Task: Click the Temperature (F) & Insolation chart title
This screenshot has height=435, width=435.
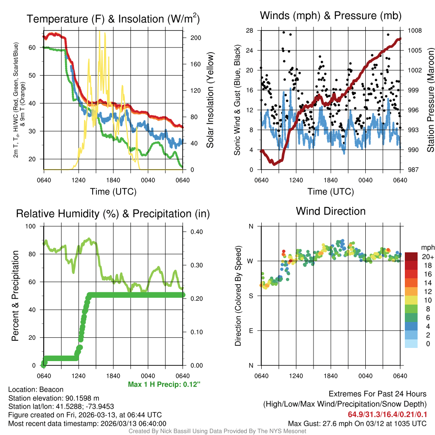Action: click(x=113, y=19)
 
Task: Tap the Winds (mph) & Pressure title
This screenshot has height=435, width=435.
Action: click(x=330, y=16)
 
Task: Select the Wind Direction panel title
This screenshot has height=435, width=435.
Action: click(x=330, y=211)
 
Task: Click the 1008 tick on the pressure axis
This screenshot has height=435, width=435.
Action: click(x=414, y=31)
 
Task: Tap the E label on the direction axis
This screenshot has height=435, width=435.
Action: click(x=251, y=330)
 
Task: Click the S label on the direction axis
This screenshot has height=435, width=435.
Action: click(x=251, y=296)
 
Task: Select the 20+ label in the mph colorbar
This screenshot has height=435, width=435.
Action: click(x=427, y=257)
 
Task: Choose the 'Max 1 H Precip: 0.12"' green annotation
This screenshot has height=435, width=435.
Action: click(x=164, y=384)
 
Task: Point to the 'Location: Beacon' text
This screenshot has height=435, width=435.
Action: click(x=36, y=390)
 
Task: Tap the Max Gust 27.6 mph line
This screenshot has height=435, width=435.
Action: click(x=357, y=423)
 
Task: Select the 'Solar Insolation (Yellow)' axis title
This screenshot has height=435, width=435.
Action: click(x=210, y=100)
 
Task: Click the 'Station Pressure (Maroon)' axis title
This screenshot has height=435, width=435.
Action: click(x=430, y=100)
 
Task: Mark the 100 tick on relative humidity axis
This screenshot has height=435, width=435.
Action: click(x=35, y=226)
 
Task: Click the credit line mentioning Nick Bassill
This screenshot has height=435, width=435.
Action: click(x=217, y=431)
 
